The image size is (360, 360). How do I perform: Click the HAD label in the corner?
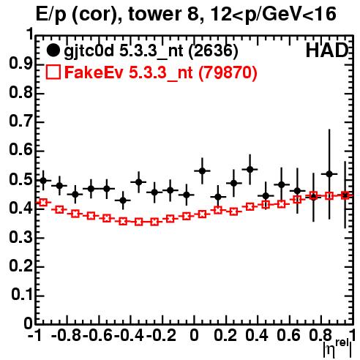click(x=327, y=50)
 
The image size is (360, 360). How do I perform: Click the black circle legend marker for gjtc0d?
click(x=53, y=50)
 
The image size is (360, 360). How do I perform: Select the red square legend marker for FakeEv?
click(x=53, y=72)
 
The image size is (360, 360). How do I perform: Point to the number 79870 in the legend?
click(x=228, y=72)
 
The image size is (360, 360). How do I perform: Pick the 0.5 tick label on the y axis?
click(x=20, y=179)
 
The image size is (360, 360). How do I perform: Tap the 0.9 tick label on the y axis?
click(x=20, y=64)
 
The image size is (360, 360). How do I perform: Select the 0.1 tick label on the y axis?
click(x=22, y=295)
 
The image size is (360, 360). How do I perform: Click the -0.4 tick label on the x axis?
click(x=129, y=335)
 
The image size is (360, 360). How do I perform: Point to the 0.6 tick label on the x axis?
click(x=288, y=335)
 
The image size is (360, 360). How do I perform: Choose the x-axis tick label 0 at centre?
click(x=194, y=335)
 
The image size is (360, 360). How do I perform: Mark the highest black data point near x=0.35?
click(x=250, y=169)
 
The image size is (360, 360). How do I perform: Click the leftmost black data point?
click(x=43, y=181)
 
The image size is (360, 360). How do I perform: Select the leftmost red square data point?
click(x=43, y=202)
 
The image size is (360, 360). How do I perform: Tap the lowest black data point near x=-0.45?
click(x=123, y=200)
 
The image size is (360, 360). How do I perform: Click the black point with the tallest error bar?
click(x=329, y=174)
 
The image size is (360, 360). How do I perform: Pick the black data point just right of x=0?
click(x=202, y=170)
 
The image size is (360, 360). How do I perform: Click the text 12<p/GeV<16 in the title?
click(x=273, y=14)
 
